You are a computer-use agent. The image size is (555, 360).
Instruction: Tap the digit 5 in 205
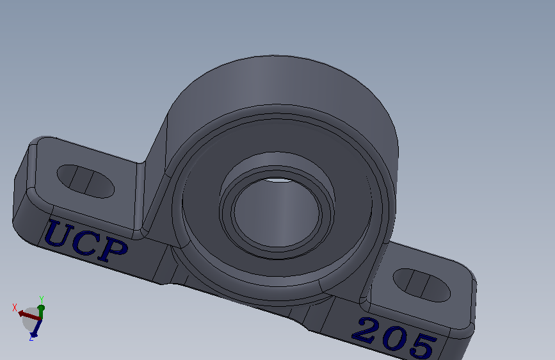coord(422,347)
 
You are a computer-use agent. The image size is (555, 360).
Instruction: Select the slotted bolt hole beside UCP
coord(86,181)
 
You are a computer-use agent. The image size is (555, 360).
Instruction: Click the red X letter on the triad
coord(15,307)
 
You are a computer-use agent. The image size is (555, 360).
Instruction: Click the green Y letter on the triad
coord(41,299)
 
